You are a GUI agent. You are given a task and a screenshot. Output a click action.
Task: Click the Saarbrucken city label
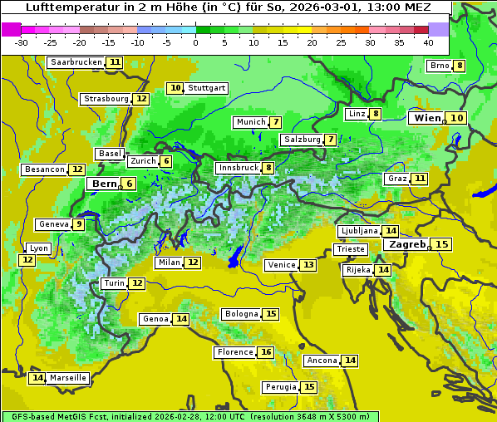tap(76, 62)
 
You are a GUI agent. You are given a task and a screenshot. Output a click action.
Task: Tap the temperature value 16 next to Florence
tap(266, 352)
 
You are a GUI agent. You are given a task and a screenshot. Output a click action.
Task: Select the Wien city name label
tap(427, 118)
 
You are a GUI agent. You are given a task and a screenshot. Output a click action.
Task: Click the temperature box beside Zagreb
tap(442, 244)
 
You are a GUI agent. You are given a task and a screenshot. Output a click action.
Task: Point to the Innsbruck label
tap(238, 168)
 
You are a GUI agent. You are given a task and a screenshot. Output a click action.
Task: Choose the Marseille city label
tap(68, 378)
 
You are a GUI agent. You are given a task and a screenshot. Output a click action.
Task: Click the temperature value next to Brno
tap(460, 66)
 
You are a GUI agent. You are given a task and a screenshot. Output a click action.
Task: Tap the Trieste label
tap(350, 249)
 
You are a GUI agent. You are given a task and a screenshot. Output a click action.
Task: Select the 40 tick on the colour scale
tap(428, 42)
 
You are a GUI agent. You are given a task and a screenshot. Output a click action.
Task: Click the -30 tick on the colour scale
tap(22, 42)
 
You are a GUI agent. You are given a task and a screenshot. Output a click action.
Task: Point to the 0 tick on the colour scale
tap(195, 42)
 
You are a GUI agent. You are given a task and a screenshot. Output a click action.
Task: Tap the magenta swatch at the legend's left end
tap(11, 28)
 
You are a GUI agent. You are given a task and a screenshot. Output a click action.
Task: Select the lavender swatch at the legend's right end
tap(438, 28)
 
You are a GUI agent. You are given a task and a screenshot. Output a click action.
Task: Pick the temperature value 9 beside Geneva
tap(79, 224)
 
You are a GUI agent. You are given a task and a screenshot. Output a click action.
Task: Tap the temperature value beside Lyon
tap(27, 260)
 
